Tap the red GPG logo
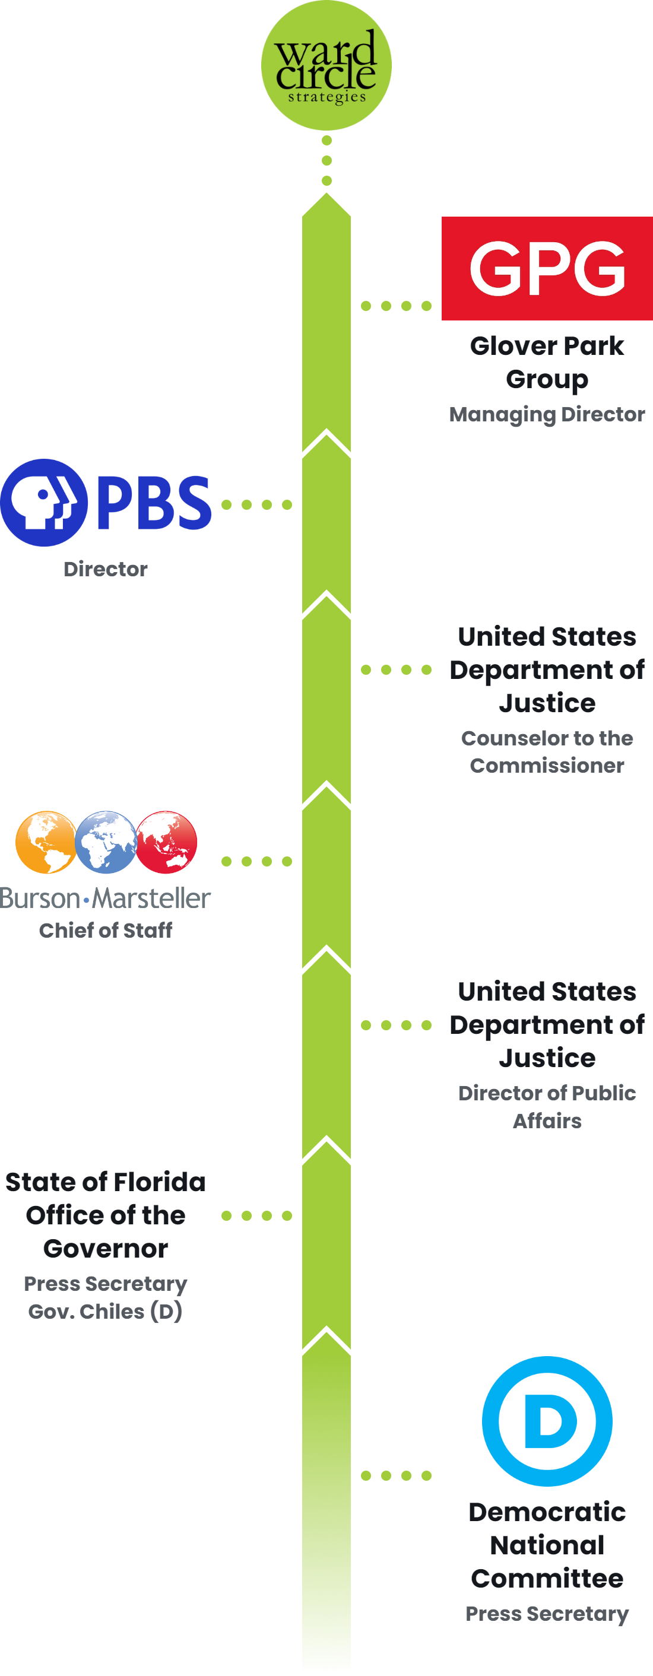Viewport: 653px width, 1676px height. (547, 268)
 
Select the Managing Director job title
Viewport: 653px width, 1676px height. (547, 414)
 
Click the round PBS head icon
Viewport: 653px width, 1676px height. (43, 502)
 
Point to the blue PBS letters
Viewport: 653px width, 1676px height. (154, 502)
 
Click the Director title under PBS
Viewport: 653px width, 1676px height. (106, 569)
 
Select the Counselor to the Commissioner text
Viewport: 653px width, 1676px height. (547, 751)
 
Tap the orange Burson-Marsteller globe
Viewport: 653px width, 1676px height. (45, 842)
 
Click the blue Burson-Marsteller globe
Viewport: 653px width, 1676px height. (106, 842)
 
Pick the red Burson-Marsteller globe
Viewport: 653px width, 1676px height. (167, 842)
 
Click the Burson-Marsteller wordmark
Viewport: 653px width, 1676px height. (106, 899)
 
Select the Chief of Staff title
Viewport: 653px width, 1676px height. (106, 931)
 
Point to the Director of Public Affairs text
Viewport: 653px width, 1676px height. (547, 1107)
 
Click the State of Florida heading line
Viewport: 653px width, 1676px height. (106, 1182)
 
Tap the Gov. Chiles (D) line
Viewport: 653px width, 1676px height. (106, 1311)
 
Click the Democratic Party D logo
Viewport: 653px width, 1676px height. (547, 1421)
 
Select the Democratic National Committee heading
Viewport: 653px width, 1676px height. (547, 1545)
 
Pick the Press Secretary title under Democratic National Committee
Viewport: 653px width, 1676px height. (547, 1614)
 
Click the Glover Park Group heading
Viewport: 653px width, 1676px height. (547, 363)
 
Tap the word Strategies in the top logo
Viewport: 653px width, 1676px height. (327, 97)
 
